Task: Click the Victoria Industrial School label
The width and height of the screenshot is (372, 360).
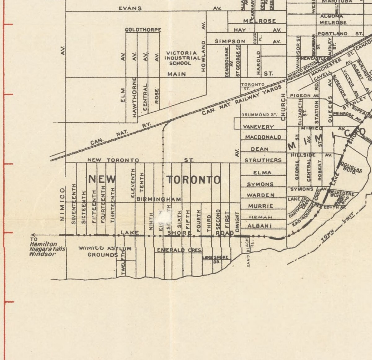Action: tap(182, 58)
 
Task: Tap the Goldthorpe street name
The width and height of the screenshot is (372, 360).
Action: tap(143, 30)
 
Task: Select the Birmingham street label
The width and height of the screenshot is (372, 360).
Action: tap(159, 199)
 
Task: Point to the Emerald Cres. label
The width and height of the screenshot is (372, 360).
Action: tap(179, 250)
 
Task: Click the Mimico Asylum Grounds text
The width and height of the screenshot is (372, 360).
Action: tap(104, 251)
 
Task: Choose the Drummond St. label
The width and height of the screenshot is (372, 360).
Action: tap(259, 115)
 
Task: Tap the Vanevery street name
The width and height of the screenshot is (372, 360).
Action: tap(259, 127)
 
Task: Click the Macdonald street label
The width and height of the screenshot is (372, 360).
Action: tap(263, 137)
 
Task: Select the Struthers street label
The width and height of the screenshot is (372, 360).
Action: tap(263, 160)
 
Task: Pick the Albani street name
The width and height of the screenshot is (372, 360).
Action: tap(260, 226)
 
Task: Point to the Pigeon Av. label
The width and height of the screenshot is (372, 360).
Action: tap(304, 96)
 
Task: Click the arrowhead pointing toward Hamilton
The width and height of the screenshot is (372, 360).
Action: tap(33, 235)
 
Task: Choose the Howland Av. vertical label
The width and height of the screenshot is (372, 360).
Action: tap(204, 56)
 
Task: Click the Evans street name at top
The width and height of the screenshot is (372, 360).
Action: tap(130, 8)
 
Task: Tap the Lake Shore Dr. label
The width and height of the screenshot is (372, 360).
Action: tap(215, 259)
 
